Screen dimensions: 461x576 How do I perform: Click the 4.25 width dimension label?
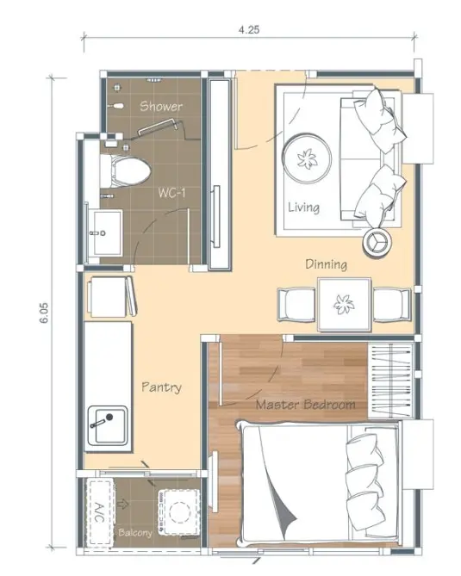[249, 29]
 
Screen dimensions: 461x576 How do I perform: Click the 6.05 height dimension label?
[44, 313]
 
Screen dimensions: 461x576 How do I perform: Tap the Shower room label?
[161, 106]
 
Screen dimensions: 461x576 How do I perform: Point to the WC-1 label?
[171, 192]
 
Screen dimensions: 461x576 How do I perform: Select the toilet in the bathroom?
[125, 171]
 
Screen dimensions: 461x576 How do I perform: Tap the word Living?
[303, 207]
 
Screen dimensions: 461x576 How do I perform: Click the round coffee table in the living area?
[307, 158]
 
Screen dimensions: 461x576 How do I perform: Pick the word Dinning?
[326, 264]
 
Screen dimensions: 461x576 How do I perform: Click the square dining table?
[345, 305]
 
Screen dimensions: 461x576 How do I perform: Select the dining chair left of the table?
[296, 305]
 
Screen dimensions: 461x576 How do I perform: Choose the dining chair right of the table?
[392, 305]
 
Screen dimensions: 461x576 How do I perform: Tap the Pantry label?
[162, 387]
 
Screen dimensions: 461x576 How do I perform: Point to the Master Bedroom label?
[306, 405]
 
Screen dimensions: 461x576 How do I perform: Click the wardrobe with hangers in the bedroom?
[391, 381]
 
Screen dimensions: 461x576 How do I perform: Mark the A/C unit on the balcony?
[98, 512]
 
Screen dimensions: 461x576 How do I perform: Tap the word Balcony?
[135, 532]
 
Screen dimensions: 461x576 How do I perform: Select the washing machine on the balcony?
[180, 511]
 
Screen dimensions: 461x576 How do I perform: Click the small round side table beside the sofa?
[377, 241]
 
